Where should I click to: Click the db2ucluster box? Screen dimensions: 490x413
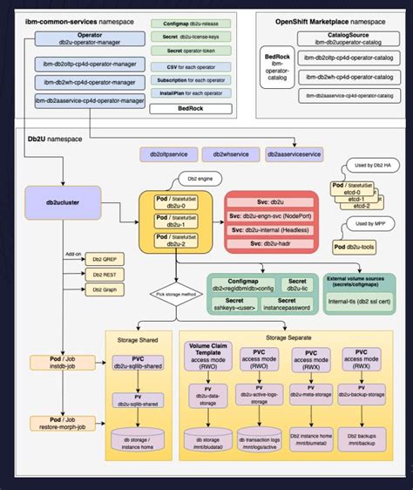(53, 202)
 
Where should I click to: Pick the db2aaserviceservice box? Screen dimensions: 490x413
(294, 154)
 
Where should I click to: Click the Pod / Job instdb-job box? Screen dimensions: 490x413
(57, 363)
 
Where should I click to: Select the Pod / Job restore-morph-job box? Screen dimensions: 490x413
(57, 423)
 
